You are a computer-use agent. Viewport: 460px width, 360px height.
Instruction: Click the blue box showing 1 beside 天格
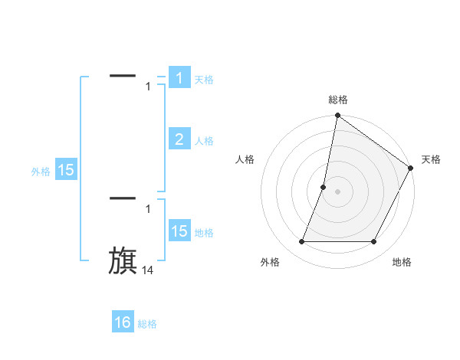pos(179,78)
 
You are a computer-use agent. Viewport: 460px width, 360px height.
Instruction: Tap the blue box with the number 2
pos(179,139)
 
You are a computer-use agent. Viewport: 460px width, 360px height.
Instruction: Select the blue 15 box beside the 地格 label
pos(179,231)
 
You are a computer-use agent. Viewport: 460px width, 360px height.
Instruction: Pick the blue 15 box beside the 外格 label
pos(66,171)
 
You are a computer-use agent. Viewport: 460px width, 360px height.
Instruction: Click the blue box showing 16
pos(123,322)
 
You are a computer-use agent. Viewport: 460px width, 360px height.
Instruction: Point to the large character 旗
pos(123,260)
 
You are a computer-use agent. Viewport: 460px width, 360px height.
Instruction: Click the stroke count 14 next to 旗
pos(148,270)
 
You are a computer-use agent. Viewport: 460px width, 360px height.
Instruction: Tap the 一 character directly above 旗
pos(123,198)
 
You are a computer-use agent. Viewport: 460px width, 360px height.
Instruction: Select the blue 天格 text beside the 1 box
pos(204,79)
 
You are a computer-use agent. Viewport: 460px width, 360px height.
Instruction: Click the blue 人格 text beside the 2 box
pos(204,141)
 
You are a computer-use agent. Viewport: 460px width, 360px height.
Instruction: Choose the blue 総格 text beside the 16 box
pos(147,324)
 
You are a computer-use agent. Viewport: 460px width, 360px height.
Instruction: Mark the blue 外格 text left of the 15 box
pos(41,172)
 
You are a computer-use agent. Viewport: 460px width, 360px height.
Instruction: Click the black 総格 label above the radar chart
pos(337,100)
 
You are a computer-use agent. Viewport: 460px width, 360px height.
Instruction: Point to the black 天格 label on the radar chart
pos(431,159)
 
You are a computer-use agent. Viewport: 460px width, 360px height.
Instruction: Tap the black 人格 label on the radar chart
pos(245,159)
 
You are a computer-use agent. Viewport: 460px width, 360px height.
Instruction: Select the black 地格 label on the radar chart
pos(402,262)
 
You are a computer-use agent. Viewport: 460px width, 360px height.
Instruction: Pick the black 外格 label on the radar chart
pos(270,262)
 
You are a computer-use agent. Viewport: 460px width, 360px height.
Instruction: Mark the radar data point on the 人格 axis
pos(324,187)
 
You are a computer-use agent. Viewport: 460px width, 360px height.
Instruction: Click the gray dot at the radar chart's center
pos(337,191)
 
